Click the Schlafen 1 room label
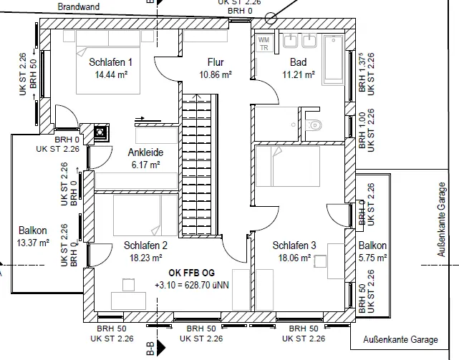coord(111,62)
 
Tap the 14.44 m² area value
coord(111,74)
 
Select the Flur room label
coord(216,62)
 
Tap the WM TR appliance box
coord(263,44)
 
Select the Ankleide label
coord(145,152)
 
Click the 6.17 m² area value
coord(145,164)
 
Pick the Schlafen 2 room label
coord(145,245)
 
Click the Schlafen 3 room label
coord(294,245)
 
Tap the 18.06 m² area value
coord(294,257)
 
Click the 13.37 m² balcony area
coord(34,242)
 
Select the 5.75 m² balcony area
coord(373,257)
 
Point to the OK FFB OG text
coord(191,273)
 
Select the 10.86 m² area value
coord(216,74)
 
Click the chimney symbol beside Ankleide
coord(100,132)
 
